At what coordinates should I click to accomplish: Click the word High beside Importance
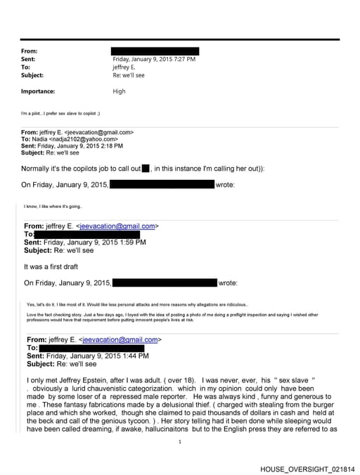click(x=119, y=91)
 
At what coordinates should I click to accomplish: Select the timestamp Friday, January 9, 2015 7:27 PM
click(x=154, y=59)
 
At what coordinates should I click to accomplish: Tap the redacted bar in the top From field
click(x=155, y=51)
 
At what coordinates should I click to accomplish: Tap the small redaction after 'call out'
click(x=146, y=169)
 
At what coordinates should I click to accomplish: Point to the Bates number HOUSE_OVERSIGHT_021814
click(x=307, y=469)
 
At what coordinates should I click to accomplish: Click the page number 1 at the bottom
click(x=180, y=441)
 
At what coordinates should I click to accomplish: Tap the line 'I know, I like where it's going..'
click(x=53, y=207)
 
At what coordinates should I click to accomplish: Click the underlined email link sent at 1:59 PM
click(x=117, y=226)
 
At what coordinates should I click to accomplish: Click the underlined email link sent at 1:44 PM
click(x=117, y=339)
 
